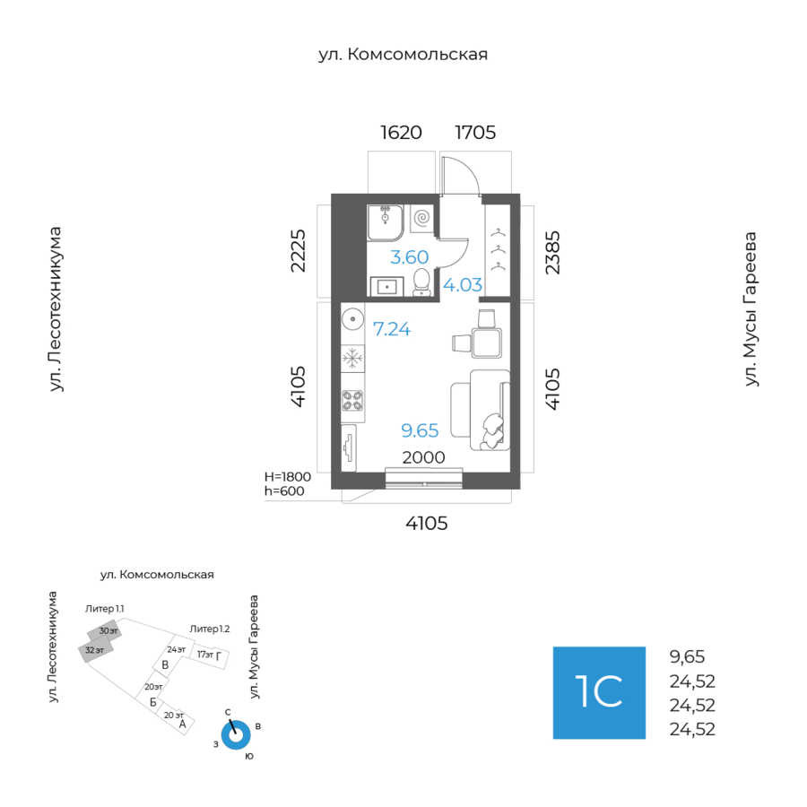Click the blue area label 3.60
click(409, 257)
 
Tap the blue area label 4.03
click(464, 285)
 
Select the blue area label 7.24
click(392, 329)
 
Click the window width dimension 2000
click(423, 457)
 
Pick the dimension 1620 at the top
click(401, 133)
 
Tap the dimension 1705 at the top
click(475, 133)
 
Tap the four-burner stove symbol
click(352, 401)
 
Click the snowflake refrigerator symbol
click(352, 359)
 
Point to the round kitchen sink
click(351, 318)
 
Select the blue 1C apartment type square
click(599, 692)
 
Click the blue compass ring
click(236, 734)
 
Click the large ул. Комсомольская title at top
click(403, 55)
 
